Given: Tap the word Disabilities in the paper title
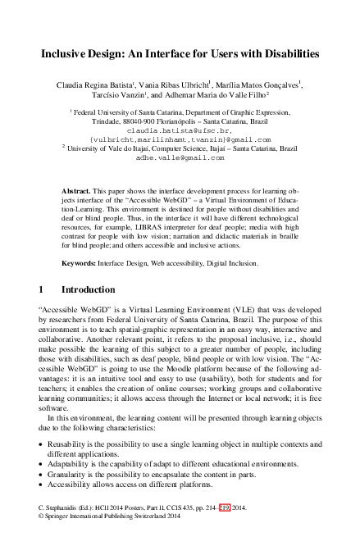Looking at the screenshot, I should pos(284,52).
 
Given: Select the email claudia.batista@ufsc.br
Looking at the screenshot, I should pos(180,130).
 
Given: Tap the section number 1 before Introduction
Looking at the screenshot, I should pos(42,267).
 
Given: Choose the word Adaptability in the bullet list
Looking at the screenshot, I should pos(70,463).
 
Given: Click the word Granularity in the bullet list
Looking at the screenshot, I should pos(67,473).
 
